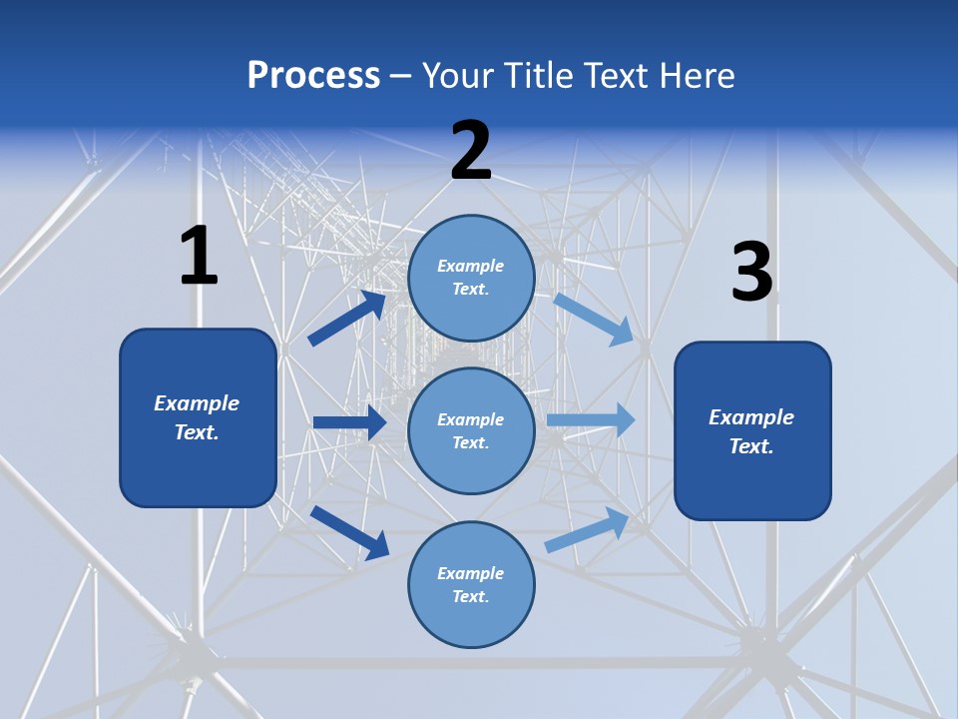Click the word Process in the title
pyautogui.click(x=313, y=76)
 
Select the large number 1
pyautogui.click(x=199, y=256)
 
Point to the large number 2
pyautogui.click(x=471, y=151)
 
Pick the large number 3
pyautogui.click(x=751, y=272)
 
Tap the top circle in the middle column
pyautogui.click(x=471, y=278)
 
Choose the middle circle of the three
pyautogui.click(x=471, y=431)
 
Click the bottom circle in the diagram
pyautogui.click(x=471, y=585)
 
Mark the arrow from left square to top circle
pyautogui.click(x=347, y=318)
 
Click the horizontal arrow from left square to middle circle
pyautogui.click(x=349, y=422)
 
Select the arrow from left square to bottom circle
pyautogui.click(x=349, y=532)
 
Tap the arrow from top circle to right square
pyautogui.click(x=594, y=319)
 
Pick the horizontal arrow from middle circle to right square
pyautogui.click(x=591, y=420)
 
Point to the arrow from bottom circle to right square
pyautogui.click(x=587, y=530)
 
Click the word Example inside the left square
pyautogui.click(x=197, y=403)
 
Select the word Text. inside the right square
pyautogui.click(x=751, y=446)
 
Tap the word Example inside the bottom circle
pyautogui.click(x=471, y=573)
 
